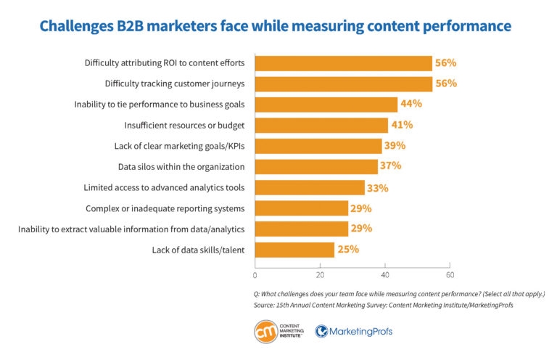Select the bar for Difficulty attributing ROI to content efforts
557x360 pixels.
click(343, 63)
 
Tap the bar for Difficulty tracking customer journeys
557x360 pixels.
click(343, 83)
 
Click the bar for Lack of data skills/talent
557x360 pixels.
click(294, 250)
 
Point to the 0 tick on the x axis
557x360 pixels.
click(255, 275)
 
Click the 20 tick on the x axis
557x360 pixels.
click(320, 275)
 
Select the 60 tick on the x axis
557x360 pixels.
click(450, 275)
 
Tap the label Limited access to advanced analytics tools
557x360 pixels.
click(164, 187)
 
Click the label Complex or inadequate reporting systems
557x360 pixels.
click(165, 208)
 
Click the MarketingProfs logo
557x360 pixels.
click(354, 332)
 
